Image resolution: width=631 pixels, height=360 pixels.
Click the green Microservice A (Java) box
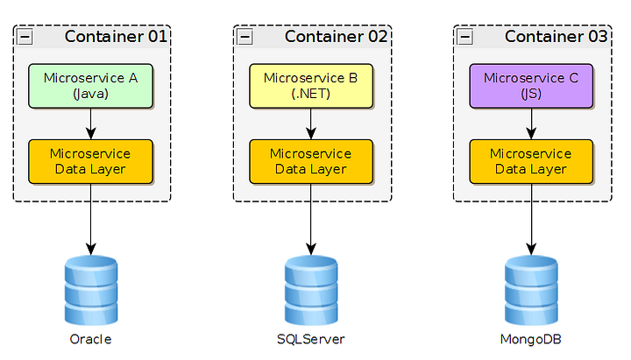91,86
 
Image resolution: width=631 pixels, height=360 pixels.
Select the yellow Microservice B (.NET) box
311,86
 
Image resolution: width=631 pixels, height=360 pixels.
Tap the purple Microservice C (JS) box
531,86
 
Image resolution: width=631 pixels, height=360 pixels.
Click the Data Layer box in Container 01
91,161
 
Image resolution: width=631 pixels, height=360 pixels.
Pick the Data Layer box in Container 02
311,161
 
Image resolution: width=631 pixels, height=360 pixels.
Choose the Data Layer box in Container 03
531,161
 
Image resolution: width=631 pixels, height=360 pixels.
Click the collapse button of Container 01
25,37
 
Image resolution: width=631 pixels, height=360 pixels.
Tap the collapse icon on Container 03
465,37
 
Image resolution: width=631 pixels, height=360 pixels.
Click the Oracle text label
91,339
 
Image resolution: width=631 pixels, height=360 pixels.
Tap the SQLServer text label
311,339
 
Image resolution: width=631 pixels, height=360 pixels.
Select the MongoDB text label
531,339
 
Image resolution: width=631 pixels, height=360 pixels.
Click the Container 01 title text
116,37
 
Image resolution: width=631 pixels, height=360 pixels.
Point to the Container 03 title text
556,37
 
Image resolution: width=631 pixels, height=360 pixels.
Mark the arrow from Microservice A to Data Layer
91,124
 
